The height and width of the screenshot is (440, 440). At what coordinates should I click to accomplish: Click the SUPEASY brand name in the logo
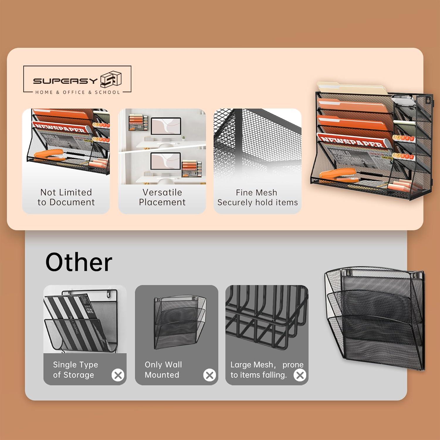pos(65,81)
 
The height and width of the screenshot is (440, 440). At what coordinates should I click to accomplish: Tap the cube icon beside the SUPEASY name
pos(111,79)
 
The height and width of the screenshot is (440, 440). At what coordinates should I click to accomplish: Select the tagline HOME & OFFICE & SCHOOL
pos(77,92)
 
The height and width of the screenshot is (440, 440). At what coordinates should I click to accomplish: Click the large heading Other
pos(79,262)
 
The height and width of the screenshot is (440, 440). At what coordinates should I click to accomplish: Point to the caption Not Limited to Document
pos(66,197)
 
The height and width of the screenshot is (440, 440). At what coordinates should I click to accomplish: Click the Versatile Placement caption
pos(162,197)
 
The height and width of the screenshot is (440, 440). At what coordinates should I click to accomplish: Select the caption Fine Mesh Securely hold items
pos(257,197)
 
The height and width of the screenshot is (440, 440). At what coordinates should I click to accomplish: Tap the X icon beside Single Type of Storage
pos(118,375)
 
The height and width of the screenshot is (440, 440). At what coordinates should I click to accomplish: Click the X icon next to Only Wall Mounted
pos(209,375)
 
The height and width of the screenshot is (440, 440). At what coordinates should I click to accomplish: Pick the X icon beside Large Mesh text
pos(300,375)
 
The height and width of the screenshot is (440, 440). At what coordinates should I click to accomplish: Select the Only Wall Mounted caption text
pos(163,370)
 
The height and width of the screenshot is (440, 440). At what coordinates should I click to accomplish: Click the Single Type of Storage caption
pos(75,370)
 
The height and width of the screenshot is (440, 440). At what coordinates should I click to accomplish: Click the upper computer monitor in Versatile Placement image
pos(166,126)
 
